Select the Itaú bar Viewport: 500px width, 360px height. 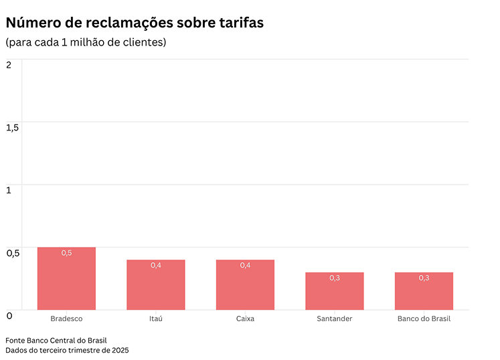156,286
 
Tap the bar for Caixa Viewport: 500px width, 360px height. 245,286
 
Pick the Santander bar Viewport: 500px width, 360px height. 335,292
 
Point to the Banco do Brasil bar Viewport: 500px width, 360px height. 424,292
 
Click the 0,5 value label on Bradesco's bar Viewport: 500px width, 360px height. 66,253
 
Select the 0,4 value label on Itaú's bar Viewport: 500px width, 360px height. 156,266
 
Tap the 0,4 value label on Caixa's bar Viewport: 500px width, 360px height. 245,266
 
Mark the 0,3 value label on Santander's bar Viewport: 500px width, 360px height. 335,278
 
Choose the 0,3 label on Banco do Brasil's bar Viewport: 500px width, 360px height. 424,278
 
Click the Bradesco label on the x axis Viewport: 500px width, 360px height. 66,319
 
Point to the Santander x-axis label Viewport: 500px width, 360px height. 335,319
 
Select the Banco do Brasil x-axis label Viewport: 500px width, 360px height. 424,319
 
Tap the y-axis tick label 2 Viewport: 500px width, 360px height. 9,64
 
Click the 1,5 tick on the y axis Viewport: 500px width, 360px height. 12,127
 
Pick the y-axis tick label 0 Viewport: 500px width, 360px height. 9,315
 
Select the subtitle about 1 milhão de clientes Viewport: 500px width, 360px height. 86,42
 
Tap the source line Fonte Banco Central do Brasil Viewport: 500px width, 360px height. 56,340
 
